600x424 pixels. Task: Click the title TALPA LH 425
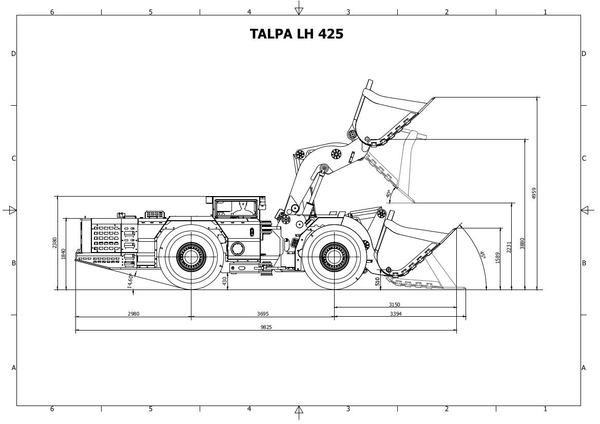point(297,34)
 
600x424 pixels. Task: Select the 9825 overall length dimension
point(266,327)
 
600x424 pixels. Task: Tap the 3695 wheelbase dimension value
point(262,314)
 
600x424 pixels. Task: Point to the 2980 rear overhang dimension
point(133,314)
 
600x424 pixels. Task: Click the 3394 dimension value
point(396,314)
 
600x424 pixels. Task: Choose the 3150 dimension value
point(394,304)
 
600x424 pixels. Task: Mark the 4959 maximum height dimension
point(534,193)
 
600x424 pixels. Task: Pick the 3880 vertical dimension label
point(522,243)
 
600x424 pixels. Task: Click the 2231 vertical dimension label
point(509,247)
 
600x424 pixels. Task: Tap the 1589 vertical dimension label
point(497,258)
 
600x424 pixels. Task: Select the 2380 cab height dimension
point(54,243)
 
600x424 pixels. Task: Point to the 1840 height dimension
point(64,254)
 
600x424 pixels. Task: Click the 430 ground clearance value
point(225,281)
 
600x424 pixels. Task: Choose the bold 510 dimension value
point(378,281)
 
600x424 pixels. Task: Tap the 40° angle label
point(389,194)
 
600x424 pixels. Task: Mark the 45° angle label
point(482,255)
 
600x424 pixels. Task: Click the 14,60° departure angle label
point(130,280)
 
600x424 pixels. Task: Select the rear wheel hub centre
point(191,256)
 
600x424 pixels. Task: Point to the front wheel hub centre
point(334,256)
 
